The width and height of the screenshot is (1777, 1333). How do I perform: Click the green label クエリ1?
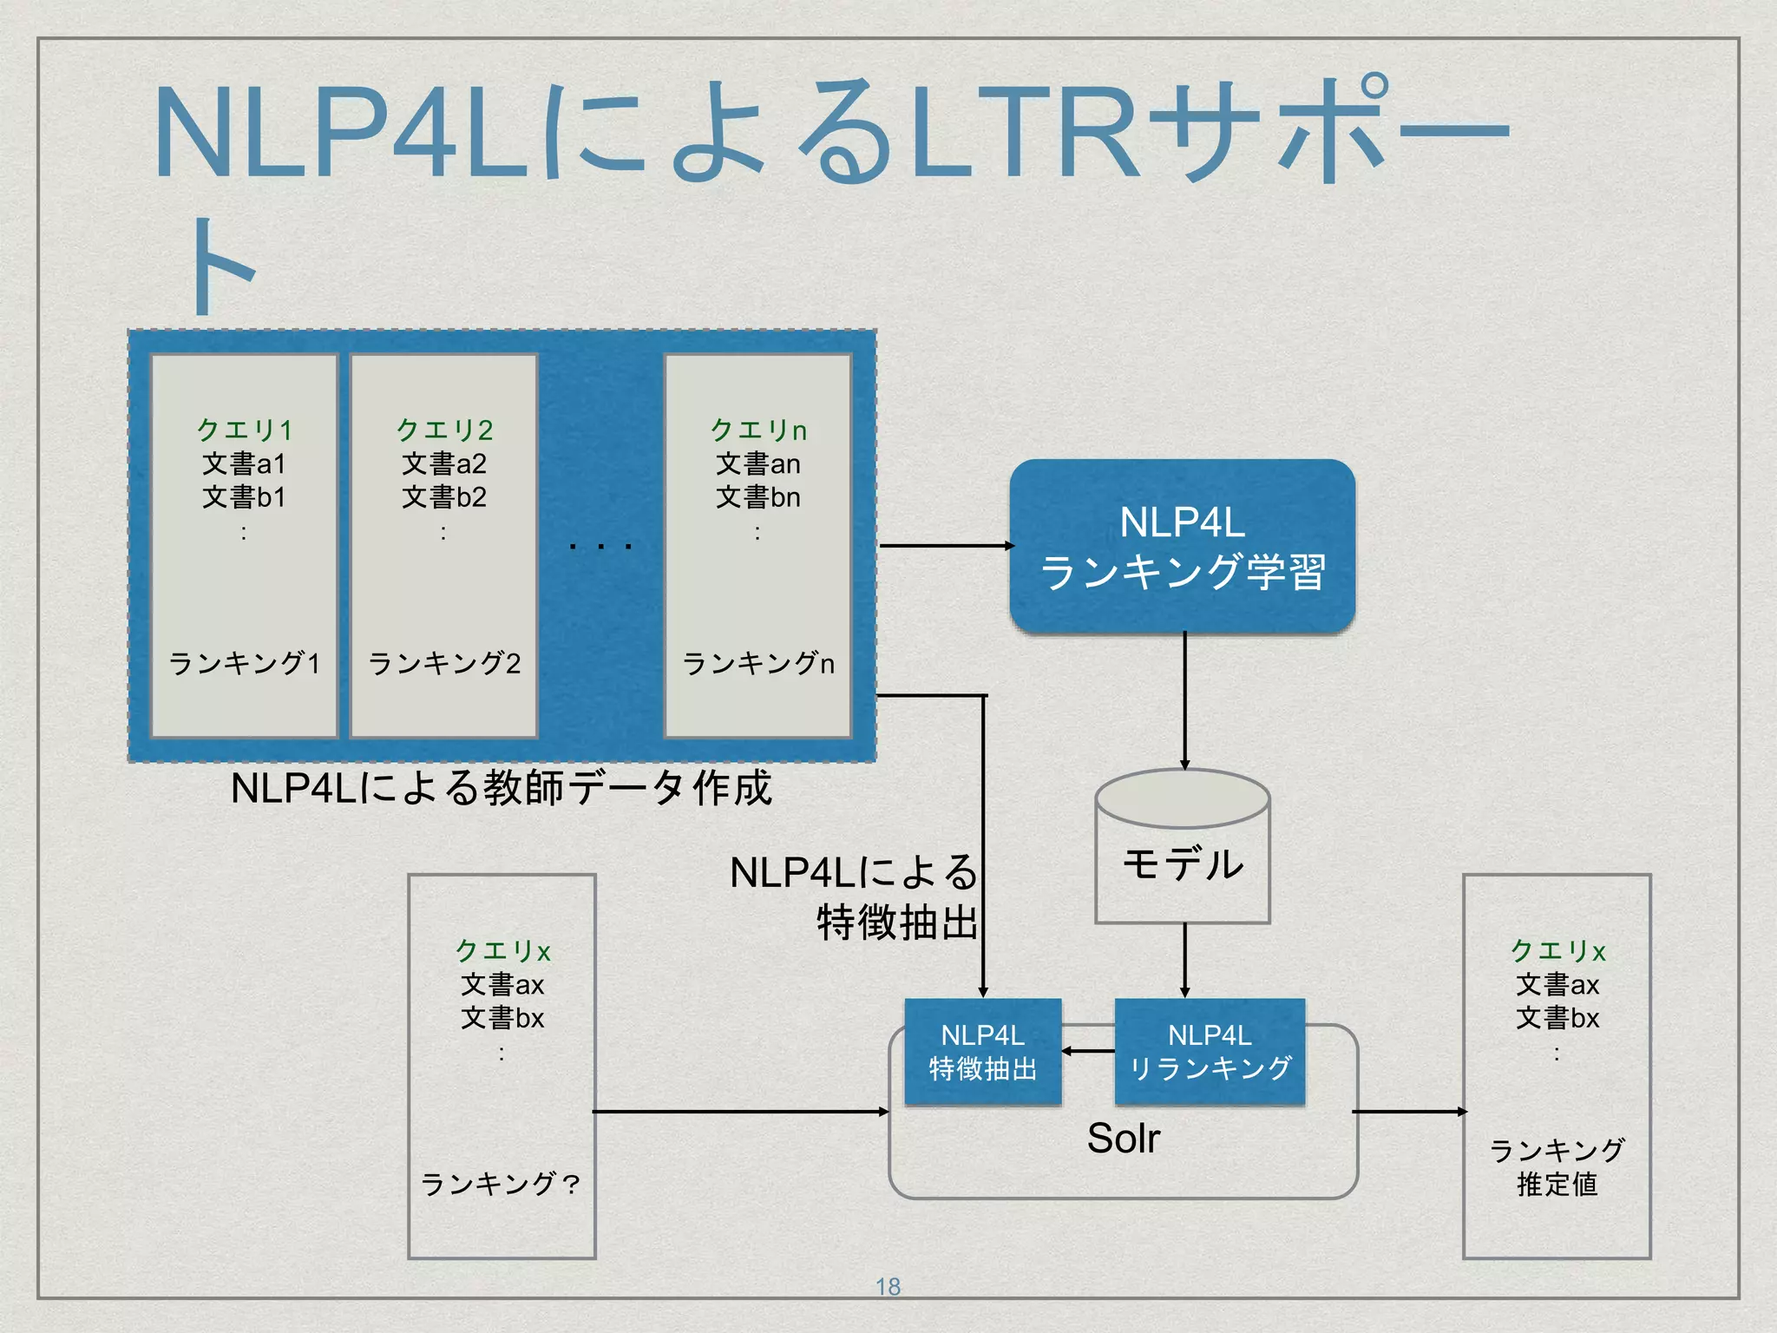(244, 430)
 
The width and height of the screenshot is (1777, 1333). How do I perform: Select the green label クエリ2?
(443, 430)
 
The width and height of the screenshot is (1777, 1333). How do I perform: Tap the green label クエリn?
(757, 430)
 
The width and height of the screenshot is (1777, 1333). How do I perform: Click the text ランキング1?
(244, 664)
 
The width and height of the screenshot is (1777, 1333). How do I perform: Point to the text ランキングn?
(757, 664)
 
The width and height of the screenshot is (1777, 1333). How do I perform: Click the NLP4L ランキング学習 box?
(1182, 547)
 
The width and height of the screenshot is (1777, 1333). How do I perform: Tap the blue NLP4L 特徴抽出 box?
(982, 1051)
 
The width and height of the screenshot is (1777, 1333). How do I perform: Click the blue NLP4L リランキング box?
(1210, 1051)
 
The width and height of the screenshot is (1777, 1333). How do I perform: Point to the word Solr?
(1123, 1138)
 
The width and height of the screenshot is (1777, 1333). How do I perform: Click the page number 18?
(888, 1287)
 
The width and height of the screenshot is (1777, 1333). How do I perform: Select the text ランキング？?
(502, 1184)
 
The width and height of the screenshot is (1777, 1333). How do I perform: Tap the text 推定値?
(1557, 1185)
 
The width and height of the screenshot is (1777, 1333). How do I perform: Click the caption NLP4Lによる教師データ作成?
(501, 788)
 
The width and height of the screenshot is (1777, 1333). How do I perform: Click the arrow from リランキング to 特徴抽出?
(1088, 1051)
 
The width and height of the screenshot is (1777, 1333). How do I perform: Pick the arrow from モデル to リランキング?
(1184, 960)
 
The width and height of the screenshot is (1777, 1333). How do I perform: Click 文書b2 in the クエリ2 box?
(443, 497)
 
